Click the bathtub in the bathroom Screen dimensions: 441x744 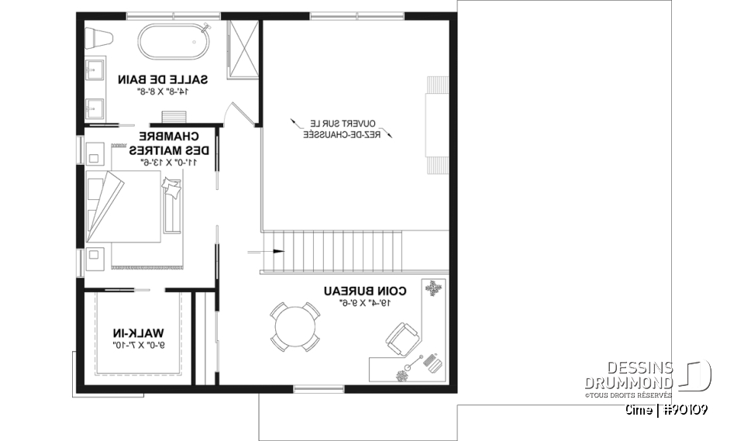pyautogui.click(x=175, y=40)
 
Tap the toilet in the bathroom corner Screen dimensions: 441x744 pyautogui.click(x=99, y=36)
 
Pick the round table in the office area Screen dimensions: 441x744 pyautogui.click(x=294, y=327)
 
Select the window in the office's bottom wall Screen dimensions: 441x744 pyautogui.click(x=319, y=388)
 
